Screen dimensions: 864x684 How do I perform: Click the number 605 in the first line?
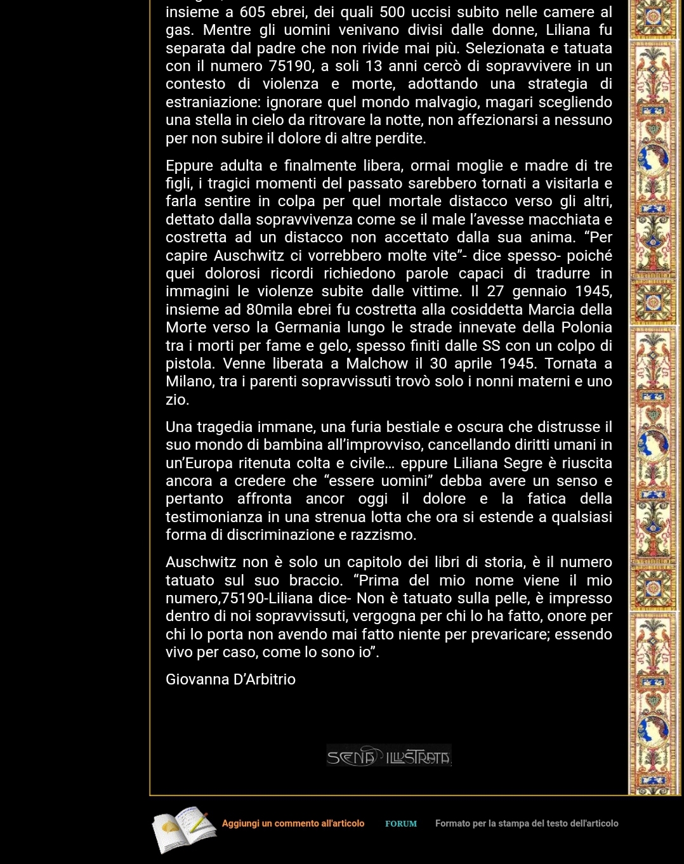(252, 12)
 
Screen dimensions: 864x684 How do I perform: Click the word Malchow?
(377, 363)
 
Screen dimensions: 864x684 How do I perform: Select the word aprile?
(474, 363)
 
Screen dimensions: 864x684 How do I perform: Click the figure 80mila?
(272, 310)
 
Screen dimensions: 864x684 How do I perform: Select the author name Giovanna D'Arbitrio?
(230, 679)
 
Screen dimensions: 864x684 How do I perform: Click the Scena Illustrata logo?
(389, 756)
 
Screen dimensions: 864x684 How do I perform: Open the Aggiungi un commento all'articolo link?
(293, 823)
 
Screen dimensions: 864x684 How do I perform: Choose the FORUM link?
(401, 823)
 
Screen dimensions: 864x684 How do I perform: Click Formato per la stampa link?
(526, 823)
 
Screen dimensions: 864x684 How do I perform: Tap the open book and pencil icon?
(183, 828)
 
